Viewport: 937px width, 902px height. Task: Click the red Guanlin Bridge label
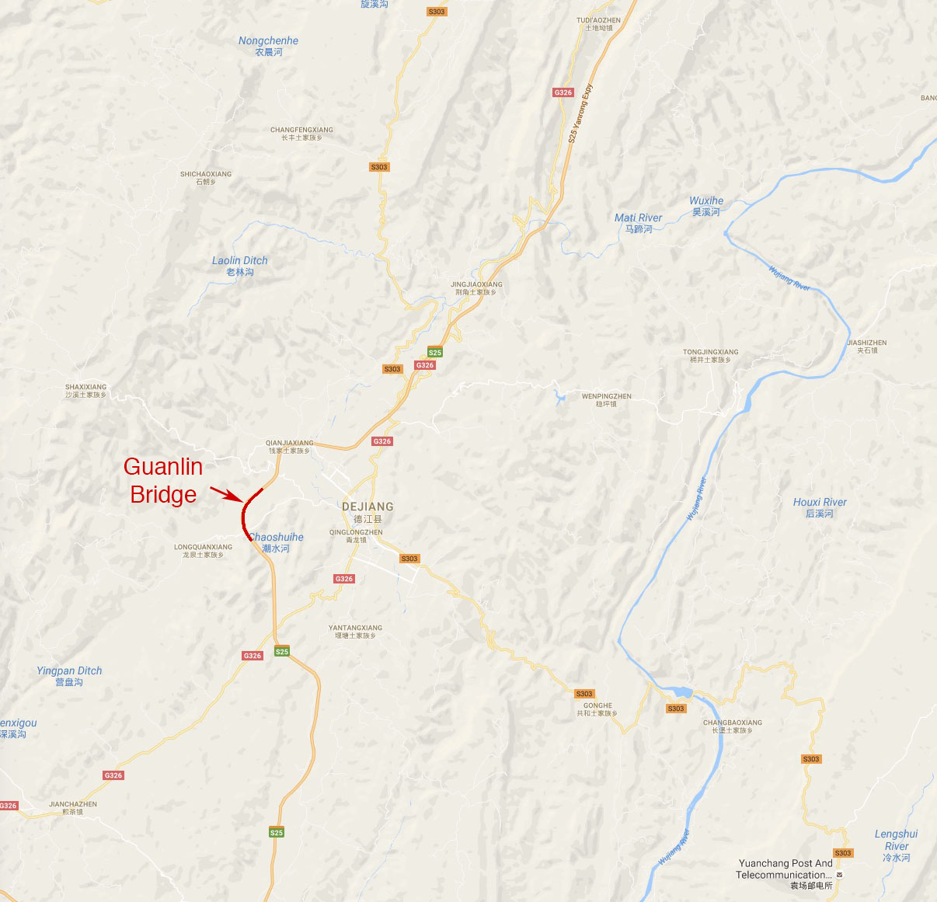click(x=163, y=480)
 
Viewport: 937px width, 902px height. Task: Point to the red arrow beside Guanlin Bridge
click(x=226, y=493)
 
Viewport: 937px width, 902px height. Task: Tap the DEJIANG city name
click(x=367, y=507)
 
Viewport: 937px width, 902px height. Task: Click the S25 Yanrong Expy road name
click(x=580, y=113)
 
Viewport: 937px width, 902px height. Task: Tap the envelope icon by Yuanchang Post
click(x=839, y=875)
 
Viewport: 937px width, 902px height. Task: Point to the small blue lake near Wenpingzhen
click(x=559, y=400)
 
